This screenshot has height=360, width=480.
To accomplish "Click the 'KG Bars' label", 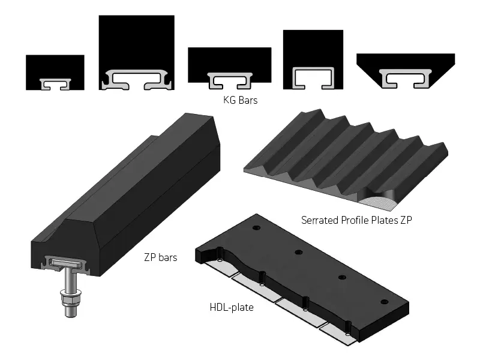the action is tap(241, 100).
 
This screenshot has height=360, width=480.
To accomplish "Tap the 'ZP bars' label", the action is tap(160, 257).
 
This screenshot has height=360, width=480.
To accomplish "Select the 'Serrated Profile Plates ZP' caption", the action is tap(356, 220).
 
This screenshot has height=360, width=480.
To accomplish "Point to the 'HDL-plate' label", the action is tap(232, 307).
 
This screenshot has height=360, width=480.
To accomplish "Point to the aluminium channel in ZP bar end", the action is tap(67, 264).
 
